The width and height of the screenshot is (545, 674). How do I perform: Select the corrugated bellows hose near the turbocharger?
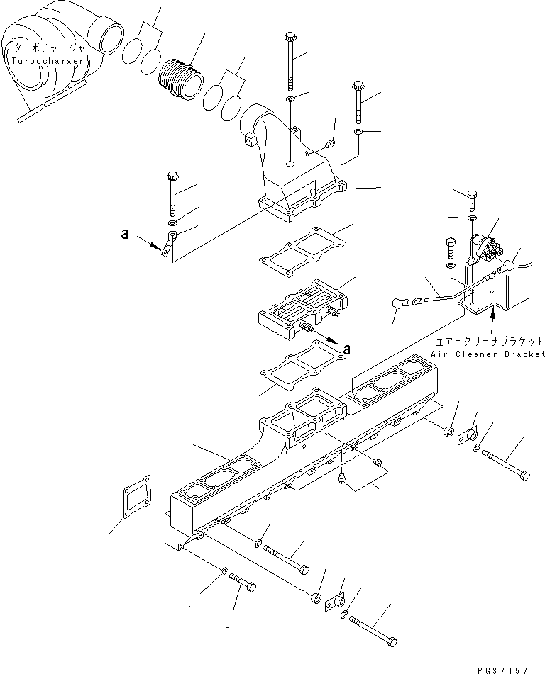click(x=180, y=73)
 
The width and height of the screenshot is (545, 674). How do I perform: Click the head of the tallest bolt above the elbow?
click(x=289, y=36)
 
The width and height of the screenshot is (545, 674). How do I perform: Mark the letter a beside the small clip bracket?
click(x=125, y=235)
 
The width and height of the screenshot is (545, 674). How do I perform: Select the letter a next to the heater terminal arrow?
click(x=346, y=348)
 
